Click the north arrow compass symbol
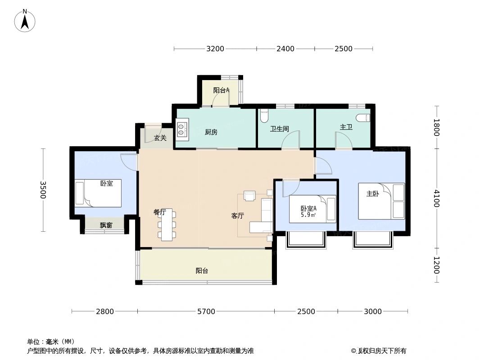(x=25, y=20)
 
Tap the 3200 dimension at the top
(x=215, y=49)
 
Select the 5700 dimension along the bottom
(x=206, y=311)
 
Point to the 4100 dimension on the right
(x=435, y=198)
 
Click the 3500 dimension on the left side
(x=43, y=189)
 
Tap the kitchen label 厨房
(x=211, y=132)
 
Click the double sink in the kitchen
(x=182, y=129)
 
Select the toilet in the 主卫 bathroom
(x=363, y=118)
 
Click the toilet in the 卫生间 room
(x=264, y=116)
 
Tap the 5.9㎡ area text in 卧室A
(x=308, y=215)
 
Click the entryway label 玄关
(x=160, y=138)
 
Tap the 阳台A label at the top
(x=221, y=90)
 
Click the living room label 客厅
(x=237, y=216)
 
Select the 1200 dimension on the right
(x=435, y=265)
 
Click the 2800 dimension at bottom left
(x=104, y=311)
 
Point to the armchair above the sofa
(x=249, y=195)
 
